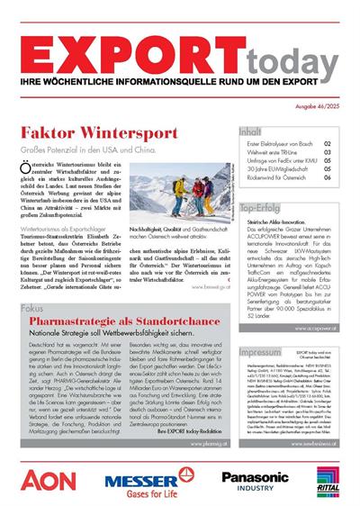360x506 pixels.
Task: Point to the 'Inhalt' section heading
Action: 251,131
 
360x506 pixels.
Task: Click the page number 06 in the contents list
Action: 327,178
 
